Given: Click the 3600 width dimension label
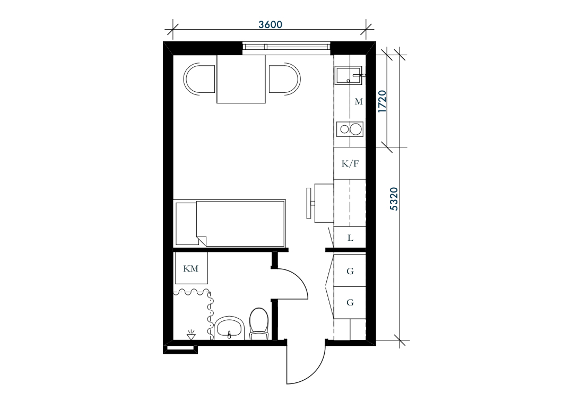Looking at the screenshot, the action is [270, 24].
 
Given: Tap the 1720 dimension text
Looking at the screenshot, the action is [383, 101].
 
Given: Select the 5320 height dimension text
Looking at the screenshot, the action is [394, 199].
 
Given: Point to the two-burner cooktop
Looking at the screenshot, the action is [350, 129].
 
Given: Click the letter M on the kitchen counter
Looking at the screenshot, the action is [359, 102].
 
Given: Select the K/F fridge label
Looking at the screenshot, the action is [350, 164].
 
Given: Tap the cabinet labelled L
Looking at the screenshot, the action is [350, 238].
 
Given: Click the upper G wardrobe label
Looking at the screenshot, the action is [350, 271].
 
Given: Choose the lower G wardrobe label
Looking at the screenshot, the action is [350, 303].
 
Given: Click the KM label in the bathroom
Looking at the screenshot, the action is [190, 269].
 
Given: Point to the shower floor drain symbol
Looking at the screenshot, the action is [191, 335].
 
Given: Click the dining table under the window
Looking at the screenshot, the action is [241, 79].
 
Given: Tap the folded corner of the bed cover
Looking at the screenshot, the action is [201, 241].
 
